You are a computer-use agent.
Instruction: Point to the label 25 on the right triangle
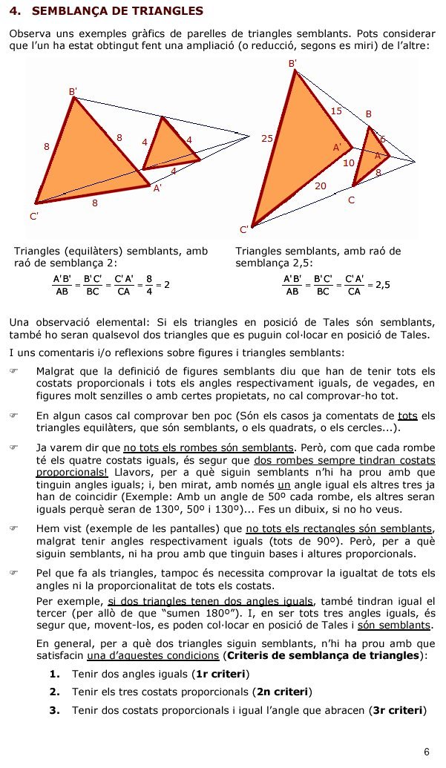pyautogui.click(x=268, y=138)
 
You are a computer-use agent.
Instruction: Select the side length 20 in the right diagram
pyautogui.click(x=321, y=187)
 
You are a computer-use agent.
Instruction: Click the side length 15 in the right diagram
pyautogui.click(x=335, y=111)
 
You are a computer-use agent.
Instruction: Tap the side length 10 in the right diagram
pyautogui.click(x=349, y=163)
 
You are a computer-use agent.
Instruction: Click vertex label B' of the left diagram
pyautogui.click(x=73, y=91)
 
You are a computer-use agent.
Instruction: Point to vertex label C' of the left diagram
pyautogui.click(x=34, y=215)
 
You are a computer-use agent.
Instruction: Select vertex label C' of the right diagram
pyautogui.click(x=244, y=229)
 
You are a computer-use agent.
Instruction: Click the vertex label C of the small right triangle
pyautogui.click(x=351, y=200)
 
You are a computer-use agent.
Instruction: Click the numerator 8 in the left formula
pyautogui.click(x=148, y=278)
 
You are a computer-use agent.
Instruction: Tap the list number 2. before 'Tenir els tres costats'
pyautogui.click(x=54, y=692)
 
